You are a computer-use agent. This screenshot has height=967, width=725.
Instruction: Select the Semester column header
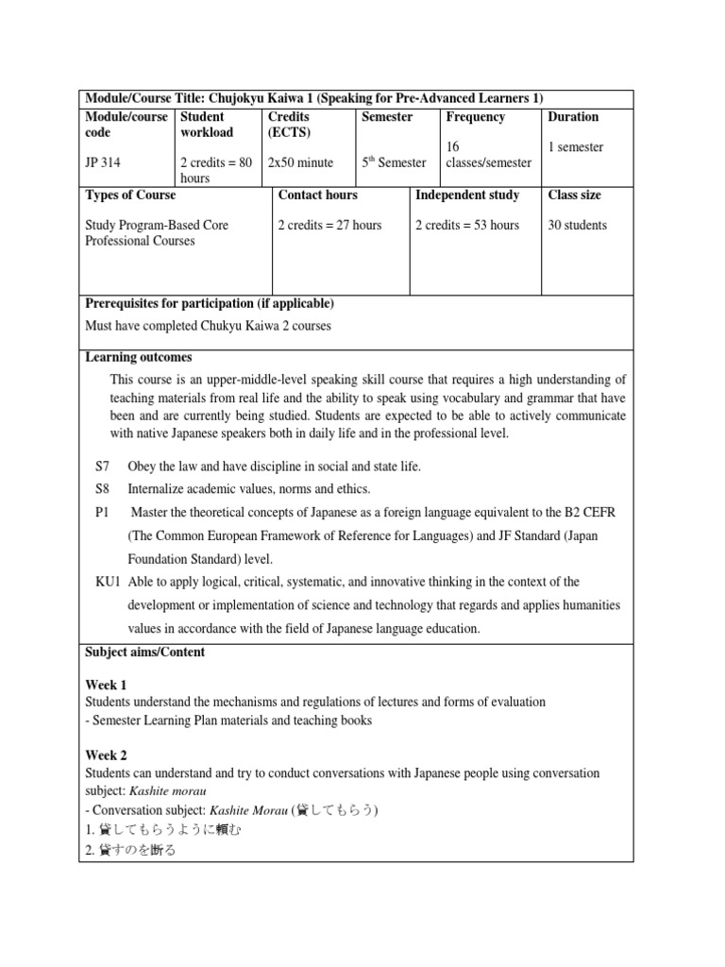point(387,117)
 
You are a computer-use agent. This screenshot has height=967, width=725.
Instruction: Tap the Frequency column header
point(475,117)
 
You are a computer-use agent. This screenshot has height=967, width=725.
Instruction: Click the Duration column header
point(573,117)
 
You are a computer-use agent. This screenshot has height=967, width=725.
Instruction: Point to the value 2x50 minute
point(300,162)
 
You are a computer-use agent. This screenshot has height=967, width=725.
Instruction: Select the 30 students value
point(578,225)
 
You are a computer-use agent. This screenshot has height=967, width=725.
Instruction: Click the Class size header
point(575,195)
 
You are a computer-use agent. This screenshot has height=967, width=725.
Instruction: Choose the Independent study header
point(467,195)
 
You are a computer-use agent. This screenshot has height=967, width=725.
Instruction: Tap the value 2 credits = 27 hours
point(329,225)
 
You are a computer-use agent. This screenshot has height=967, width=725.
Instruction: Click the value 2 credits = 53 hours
point(467,225)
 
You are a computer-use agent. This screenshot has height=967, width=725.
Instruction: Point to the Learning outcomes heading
point(139,357)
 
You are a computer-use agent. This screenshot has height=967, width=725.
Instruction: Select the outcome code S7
point(103,467)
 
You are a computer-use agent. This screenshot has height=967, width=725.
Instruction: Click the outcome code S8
point(103,488)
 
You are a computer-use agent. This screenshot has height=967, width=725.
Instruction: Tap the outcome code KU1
point(108,582)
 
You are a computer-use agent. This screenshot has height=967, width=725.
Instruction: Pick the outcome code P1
point(103,512)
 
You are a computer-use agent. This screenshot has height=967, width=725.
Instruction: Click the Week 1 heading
point(106,685)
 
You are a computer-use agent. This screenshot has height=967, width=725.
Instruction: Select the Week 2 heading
point(106,755)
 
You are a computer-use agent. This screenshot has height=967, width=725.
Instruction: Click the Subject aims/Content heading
point(145,652)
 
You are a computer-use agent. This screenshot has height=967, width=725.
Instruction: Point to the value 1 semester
point(576,147)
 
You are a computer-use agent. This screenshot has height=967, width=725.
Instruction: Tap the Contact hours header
point(318,195)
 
